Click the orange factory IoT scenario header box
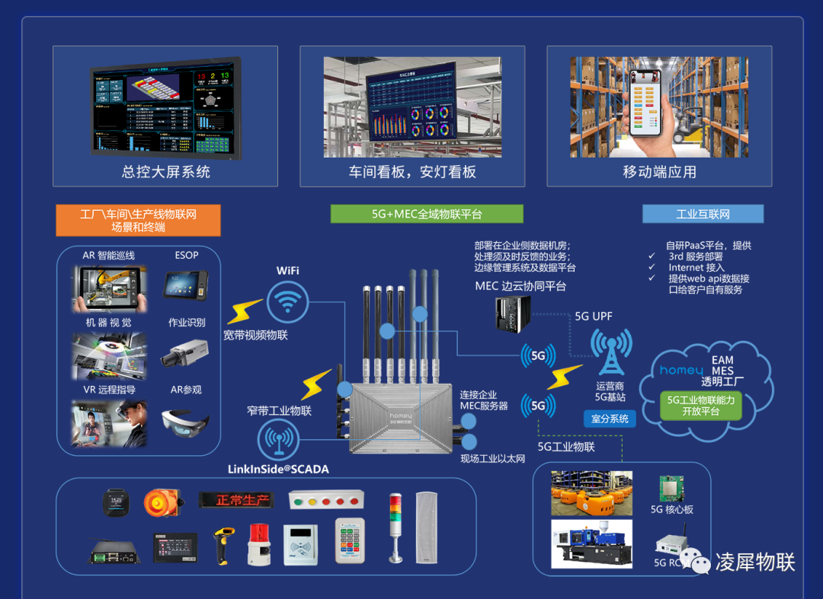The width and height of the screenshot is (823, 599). click(138, 220)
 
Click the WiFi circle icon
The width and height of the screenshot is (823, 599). click(287, 302)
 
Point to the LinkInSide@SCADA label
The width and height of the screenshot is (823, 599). click(278, 469)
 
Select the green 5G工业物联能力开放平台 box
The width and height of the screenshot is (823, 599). click(700, 405)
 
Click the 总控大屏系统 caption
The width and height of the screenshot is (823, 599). click(165, 172)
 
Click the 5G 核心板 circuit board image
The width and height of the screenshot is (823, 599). click(671, 489)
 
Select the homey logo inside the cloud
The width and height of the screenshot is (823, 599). click(680, 371)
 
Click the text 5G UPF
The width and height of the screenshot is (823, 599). click(593, 316)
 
